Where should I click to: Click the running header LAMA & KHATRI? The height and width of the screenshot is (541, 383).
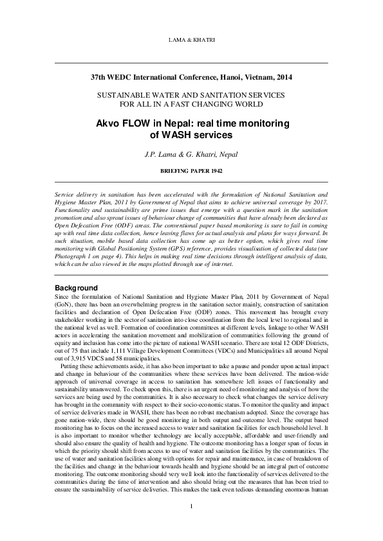tap(191, 40)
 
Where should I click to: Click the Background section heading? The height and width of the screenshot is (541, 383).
tap(76, 287)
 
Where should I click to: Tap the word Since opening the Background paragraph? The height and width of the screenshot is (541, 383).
tap(62, 296)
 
